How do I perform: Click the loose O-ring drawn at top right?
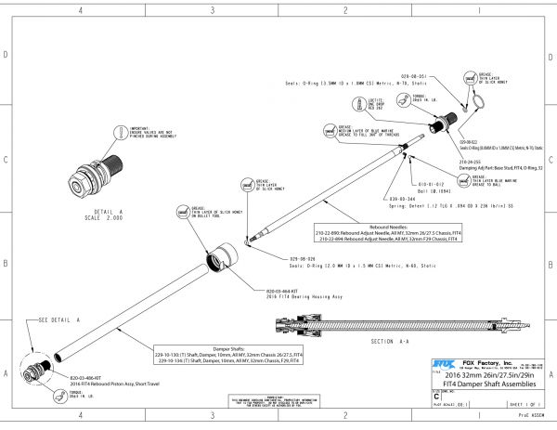[x=476, y=102]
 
